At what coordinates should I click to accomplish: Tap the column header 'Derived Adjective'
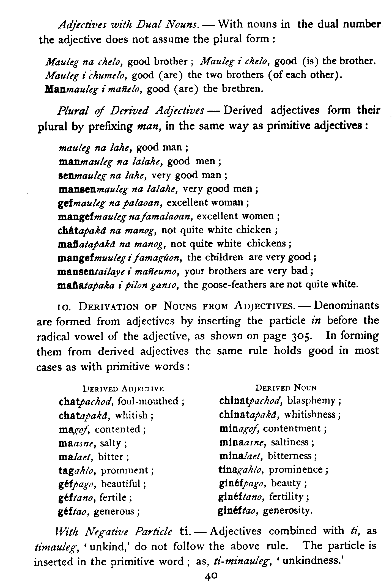tap(123, 388)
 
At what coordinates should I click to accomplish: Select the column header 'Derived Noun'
tap(286, 388)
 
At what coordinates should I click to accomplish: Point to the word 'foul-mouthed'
tap(148, 401)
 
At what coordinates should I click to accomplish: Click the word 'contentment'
tap(293, 429)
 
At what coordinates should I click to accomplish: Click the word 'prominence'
tap(295, 470)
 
